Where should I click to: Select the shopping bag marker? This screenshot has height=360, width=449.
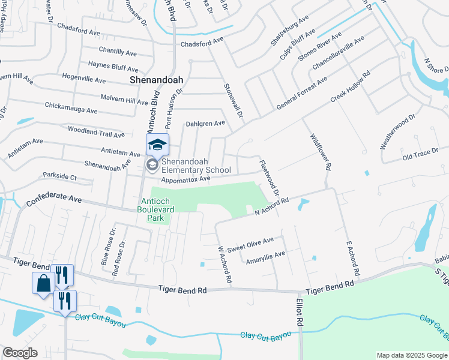44,283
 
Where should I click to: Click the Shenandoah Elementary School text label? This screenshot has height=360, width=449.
196,166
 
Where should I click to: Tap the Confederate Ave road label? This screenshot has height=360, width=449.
53,199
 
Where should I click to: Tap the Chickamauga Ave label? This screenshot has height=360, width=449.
71,107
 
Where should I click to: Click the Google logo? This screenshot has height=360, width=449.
20,353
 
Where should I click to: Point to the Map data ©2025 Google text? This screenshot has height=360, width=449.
412,355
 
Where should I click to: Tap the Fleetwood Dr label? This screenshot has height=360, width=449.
268,178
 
